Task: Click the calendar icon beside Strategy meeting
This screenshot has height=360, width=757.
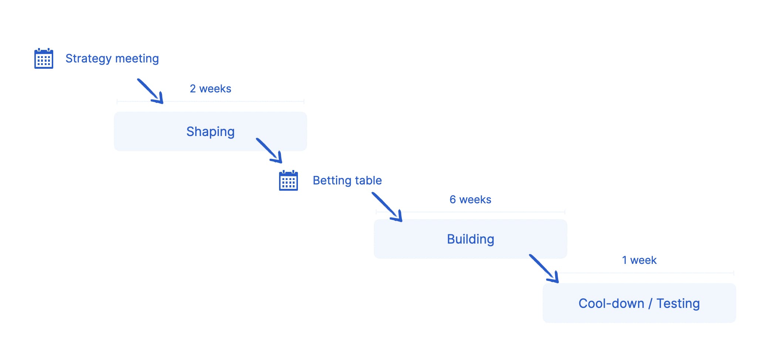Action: [x=44, y=58]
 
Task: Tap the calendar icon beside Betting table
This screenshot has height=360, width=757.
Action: [x=288, y=180]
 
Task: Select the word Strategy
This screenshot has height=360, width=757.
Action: [x=89, y=59]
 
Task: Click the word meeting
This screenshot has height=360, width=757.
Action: [x=137, y=58]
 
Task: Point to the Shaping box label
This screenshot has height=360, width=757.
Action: [x=210, y=132]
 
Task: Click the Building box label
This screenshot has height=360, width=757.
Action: [x=471, y=239]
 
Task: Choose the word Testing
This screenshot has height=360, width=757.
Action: [x=678, y=303]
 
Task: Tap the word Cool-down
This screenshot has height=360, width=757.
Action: [x=611, y=303]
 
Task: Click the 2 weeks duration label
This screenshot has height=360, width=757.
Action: [x=210, y=89]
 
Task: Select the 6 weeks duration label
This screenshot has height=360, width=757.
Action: [x=470, y=200]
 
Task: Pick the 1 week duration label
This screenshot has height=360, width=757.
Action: [x=639, y=260]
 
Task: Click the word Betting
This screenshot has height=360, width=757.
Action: [x=332, y=180]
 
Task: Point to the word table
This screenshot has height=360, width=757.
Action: [x=368, y=180]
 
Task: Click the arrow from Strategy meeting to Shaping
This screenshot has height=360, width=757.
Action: [x=150, y=91]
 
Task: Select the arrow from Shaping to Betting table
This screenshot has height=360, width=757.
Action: [x=269, y=150]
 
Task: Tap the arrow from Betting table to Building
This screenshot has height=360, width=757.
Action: [x=387, y=207]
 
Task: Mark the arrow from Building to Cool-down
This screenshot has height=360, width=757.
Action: [x=544, y=269]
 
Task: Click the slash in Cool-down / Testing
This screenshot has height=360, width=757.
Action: [x=651, y=303]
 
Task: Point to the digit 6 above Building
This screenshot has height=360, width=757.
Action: [x=452, y=200]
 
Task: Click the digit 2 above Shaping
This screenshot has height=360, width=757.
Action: [x=193, y=89]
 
